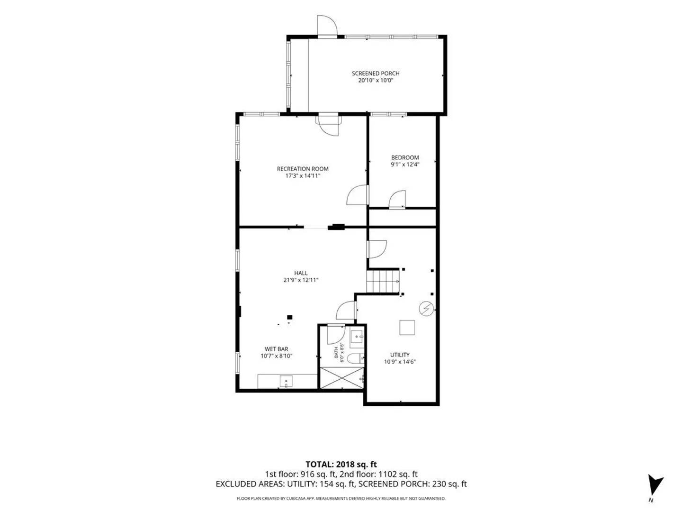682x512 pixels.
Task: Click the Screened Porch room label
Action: pyautogui.click(x=375, y=73)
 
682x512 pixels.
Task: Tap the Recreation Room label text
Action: pyautogui.click(x=302, y=169)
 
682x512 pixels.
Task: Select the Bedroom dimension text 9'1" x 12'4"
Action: pyautogui.click(x=404, y=165)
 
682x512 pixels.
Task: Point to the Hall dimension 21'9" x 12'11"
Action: pyautogui.click(x=300, y=280)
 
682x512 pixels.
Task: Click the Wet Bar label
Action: pyautogui.click(x=276, y=349)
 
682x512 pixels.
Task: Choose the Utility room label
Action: pyautogui.click(x=400, y=355)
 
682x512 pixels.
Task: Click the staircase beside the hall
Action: pyautogui.click(x=383, y=281)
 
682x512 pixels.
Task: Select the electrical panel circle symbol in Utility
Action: pyautogui.click(x=426, y=309)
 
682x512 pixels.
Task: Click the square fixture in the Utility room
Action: pyautogui.click(x=407, y=327)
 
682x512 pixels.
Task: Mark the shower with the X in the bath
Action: pyautogui.click(x=341, y=378)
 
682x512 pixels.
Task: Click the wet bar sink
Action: pyautogui.click(x=286, y=381)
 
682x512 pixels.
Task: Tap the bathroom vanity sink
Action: pyautogui.click(x=357, y=337)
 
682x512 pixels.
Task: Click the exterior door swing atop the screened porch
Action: pyautogui.click(x=327, y=26)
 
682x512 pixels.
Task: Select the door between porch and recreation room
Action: pyautogui.click(x=328, y=125)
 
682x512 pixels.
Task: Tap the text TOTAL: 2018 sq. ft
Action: pyautogui.click(x=341, y=465)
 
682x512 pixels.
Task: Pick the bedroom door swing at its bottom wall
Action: pyautogui.click(x=397, y=199)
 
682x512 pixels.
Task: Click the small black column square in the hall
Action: pyautogui.click(x=289, y=317)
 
